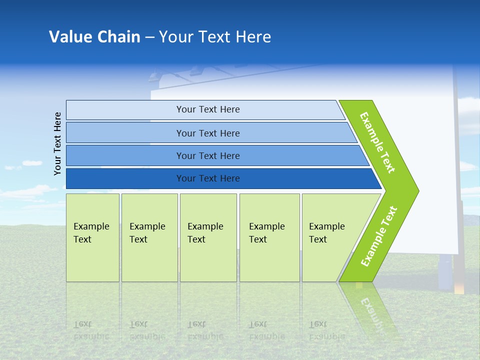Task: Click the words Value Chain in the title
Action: pos(94,37)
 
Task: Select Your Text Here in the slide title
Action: pos(215,37)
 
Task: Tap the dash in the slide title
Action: pos(149,37)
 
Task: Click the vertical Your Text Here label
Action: pos(58,143)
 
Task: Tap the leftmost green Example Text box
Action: pos(92,237)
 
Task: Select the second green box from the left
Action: pos(149,237)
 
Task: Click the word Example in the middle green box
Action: pos(205,226)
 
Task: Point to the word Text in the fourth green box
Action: pos(258,239)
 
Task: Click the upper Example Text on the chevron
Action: pos(377,142)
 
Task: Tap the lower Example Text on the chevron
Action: pos(379,236)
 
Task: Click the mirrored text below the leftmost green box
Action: pos(91,330)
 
